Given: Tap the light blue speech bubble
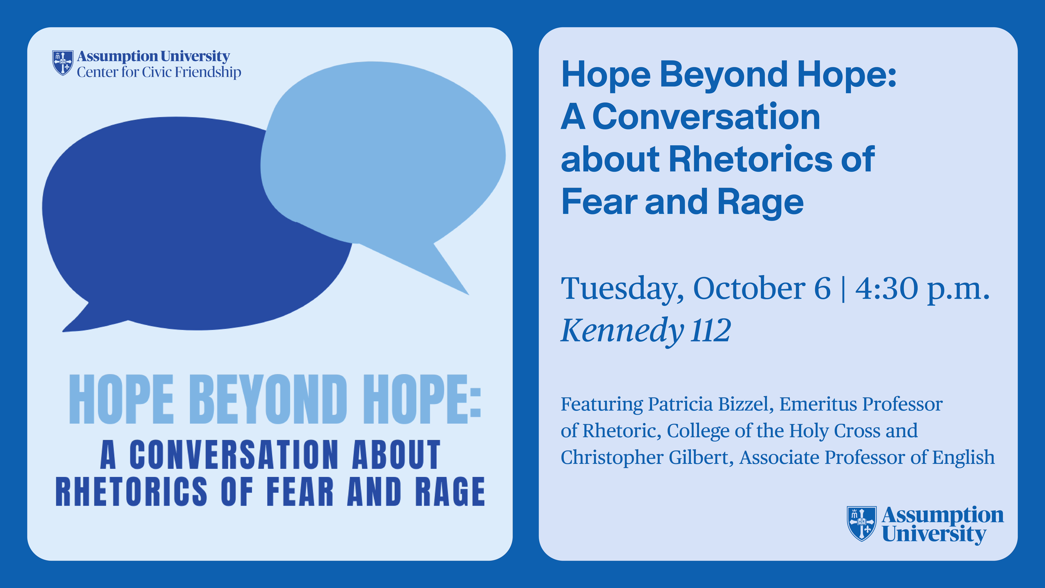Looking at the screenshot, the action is [x=381, y=158].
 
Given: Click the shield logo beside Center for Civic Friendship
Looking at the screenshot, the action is [x=63, y=63].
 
